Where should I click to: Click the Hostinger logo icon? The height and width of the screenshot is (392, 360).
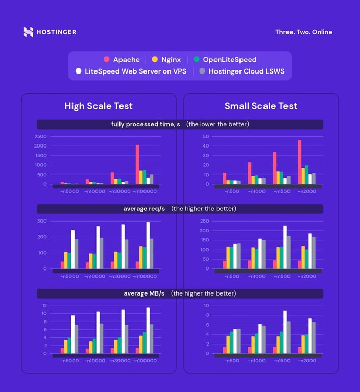28,32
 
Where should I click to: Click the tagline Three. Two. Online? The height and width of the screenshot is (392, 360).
303,32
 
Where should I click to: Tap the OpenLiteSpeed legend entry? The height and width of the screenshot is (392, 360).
225,60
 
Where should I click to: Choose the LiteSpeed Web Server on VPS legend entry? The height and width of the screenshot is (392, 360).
131,71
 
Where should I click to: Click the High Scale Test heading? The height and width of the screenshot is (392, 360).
99,106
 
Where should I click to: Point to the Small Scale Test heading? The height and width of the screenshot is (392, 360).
261,106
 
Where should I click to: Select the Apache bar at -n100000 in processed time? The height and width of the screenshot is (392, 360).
137,164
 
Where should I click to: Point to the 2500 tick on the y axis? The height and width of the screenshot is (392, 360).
41,137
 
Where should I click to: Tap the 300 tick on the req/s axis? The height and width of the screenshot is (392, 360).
41,221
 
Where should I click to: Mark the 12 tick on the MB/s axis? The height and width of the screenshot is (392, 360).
44,305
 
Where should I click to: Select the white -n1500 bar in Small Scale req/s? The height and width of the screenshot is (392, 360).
285,247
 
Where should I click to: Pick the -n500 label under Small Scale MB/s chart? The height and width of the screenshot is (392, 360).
231,361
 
